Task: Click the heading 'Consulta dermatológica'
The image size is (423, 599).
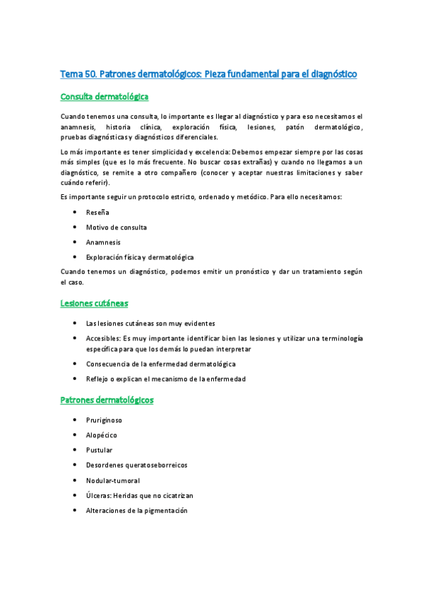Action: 105,97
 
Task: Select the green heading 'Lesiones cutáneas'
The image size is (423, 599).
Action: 94,303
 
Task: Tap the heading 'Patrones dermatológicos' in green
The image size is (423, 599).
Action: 107,400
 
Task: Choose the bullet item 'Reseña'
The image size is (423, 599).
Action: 97,212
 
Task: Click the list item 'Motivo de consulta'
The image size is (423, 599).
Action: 116,227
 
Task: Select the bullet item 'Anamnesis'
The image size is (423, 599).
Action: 103,242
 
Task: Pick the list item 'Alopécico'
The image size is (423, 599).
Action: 102,434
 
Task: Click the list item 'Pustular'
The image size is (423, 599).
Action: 99,450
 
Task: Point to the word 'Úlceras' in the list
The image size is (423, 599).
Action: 99,496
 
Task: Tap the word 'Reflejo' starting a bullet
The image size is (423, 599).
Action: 97,379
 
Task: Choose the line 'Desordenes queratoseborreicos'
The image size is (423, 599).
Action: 136,465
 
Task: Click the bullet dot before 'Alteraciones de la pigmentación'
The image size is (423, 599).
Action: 74,511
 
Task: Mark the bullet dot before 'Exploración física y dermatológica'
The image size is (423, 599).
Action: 74,257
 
